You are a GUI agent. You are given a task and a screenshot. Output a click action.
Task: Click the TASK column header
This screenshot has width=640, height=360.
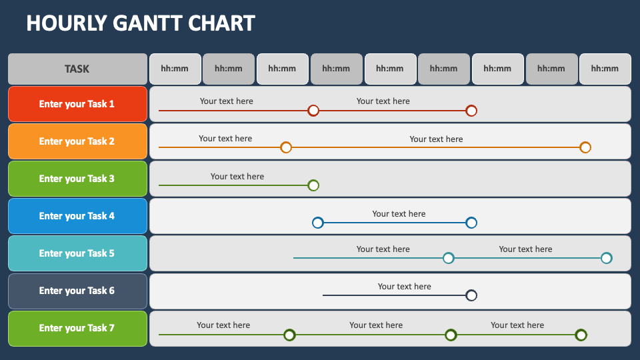click(77, 69)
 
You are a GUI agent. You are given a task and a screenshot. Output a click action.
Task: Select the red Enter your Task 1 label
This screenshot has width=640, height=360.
click(77, 104)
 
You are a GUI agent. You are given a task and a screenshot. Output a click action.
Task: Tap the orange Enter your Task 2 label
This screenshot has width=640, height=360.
click(77, 141)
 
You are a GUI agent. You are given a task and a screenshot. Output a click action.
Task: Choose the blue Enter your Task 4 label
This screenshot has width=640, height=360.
click(77, 216)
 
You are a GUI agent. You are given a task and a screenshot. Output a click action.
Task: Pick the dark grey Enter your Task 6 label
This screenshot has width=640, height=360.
click(77, 291)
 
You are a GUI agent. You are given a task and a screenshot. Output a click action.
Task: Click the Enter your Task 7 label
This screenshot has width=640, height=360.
click(77, 329)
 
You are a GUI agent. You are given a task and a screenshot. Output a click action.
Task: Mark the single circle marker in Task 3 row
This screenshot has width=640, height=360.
click(313, 185)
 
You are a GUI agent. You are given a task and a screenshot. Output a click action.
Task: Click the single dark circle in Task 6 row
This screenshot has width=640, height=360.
click(471, 295)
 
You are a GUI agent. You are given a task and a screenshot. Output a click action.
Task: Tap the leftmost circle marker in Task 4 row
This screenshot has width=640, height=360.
click(318, 223)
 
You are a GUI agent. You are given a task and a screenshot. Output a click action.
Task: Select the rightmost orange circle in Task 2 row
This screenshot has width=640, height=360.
click(585, 147)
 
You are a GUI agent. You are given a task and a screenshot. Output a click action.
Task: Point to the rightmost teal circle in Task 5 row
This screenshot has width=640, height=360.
click(607, 258)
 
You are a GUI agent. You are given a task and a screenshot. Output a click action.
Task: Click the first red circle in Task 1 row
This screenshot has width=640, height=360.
click(313, 111)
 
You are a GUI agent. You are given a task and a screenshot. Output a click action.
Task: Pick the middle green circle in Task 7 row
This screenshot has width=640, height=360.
click(451, 335)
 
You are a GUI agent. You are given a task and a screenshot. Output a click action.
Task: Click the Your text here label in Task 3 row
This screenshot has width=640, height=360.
click(237, 176)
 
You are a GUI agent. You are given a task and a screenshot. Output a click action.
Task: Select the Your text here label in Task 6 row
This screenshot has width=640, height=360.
click(404, 287)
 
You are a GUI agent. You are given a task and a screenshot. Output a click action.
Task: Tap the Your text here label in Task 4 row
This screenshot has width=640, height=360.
click(399, 214)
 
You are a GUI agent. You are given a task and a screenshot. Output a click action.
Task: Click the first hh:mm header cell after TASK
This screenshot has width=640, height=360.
click(175, 69)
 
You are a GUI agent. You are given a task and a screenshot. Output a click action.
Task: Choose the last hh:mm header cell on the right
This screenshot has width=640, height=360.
click(605, 69)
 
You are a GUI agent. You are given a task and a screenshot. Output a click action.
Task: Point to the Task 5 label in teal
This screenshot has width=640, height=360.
click(77, 253)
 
